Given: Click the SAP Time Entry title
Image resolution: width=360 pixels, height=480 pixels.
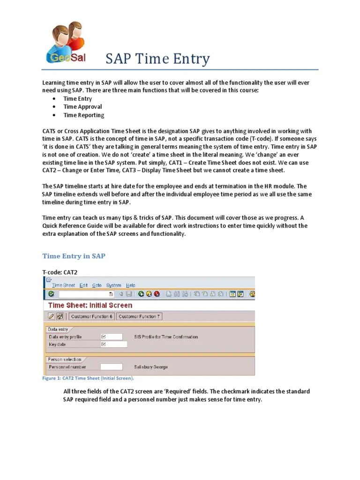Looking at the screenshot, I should tap(157, 60).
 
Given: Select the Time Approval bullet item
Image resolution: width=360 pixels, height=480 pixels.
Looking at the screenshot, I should tap(82, 107).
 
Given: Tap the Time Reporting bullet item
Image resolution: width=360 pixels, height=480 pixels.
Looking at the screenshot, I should tap(84, 115).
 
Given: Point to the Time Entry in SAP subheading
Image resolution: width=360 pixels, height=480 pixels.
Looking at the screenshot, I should tap(74, 256).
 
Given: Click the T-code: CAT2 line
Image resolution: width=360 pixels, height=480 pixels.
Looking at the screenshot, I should tap(60, 272).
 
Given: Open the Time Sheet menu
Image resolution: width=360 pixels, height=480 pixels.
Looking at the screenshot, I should tap(63, 285).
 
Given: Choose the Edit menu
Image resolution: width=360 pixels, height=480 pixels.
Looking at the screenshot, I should tap(83, 285).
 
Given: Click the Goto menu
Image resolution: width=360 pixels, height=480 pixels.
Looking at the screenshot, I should tap(97, 285).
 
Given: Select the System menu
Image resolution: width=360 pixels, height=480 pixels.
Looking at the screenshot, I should tap(113, 285).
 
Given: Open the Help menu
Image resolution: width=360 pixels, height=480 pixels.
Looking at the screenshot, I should tap(131, 285).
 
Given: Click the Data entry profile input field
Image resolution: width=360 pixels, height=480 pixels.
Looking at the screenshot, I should tap(112, 337).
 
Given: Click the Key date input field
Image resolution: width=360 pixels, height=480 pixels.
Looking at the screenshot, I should tap(114, 344).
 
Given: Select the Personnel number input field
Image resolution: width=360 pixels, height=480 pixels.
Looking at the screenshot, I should tap(112, 367).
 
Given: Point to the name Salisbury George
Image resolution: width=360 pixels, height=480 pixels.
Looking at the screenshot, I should tap(151, 367).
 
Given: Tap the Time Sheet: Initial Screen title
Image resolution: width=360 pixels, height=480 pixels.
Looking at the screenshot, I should tap(90, 305).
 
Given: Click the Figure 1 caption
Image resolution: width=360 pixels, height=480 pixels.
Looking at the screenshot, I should tap(88, 378).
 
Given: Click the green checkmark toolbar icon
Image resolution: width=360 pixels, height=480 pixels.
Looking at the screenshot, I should tap(51, 294).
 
